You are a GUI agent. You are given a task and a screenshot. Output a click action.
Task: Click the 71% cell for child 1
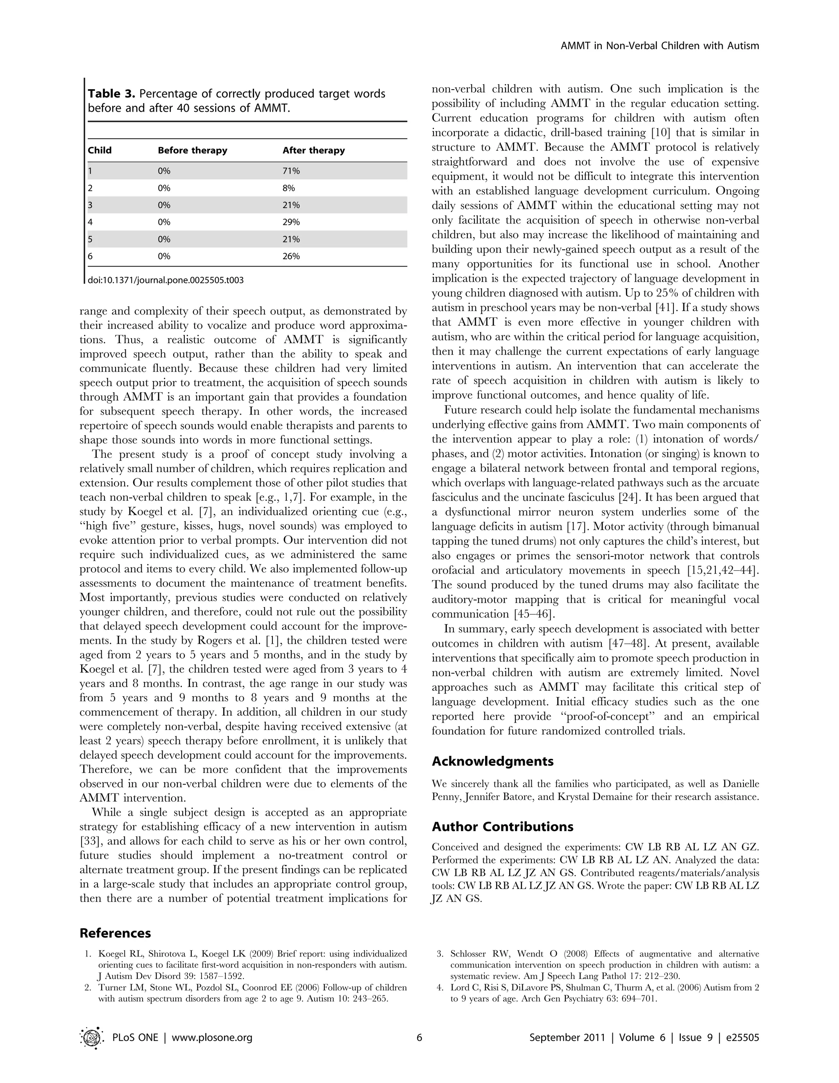(291, 171)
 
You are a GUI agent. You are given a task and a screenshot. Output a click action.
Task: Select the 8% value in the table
(289, 188)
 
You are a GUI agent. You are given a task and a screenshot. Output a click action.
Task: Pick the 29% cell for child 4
(291, 222)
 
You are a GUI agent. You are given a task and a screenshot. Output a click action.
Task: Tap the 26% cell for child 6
(291, 256)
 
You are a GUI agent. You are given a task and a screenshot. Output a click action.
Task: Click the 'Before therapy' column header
(193, 150)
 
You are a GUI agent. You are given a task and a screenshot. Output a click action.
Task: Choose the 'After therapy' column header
(313, 150)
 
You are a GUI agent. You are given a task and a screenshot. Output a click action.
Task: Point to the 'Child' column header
(100, 150)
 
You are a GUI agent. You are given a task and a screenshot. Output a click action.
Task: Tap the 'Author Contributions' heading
(503, 827)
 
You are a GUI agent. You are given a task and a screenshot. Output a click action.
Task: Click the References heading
(115, 933)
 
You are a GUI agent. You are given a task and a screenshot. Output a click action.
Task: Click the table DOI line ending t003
(166, 280)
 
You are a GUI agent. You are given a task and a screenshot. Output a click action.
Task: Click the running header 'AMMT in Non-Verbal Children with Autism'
(660, 46)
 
